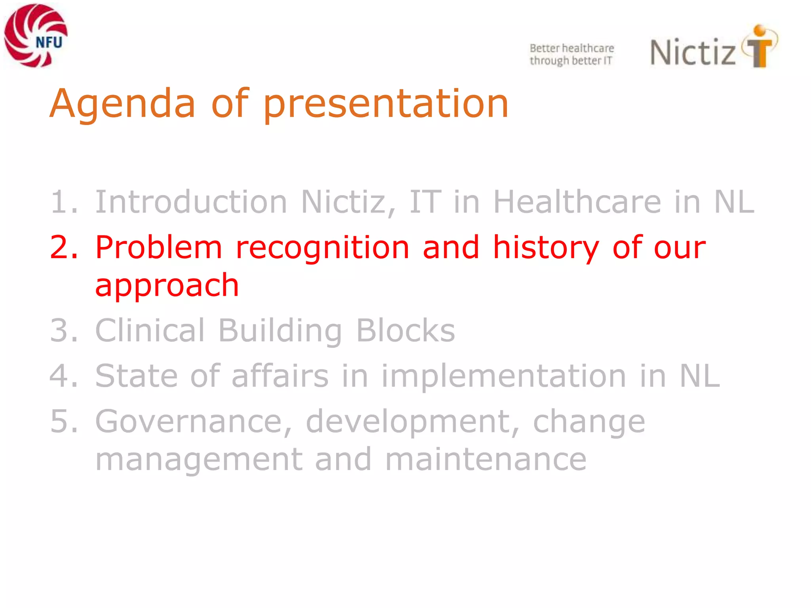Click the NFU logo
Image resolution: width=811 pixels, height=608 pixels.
[36, 36]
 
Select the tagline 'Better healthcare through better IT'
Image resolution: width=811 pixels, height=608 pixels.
[571, 54]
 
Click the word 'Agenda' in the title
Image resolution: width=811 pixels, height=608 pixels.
[122, 104]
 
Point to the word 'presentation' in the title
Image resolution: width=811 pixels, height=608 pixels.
[386, 104]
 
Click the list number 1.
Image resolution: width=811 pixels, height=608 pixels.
[63, 202]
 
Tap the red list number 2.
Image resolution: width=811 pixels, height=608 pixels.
[63, 248]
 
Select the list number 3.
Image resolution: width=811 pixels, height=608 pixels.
[63, 331]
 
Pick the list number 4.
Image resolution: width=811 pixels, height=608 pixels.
[63, 376]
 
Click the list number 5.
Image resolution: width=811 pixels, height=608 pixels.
[63, 422]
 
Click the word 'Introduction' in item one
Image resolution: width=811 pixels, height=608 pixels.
[191, 202]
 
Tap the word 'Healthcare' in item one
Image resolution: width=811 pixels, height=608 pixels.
[577, 202]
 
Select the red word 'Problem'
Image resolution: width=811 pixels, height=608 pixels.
[158, 248]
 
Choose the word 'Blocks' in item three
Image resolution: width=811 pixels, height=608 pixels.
[405, 331]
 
